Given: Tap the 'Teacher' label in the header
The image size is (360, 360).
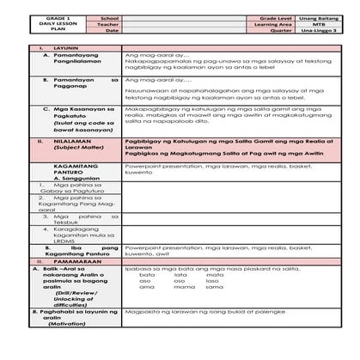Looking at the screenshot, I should click(108, 24).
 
